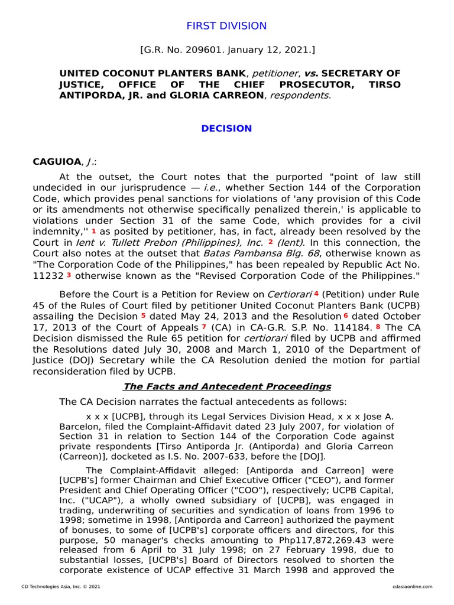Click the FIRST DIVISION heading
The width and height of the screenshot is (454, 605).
(x=226, y=26)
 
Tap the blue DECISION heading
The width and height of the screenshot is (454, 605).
(x=226, y=128)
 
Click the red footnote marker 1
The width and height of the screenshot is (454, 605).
(x=93, y=230)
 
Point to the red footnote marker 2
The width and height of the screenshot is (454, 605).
(x=270, y=242)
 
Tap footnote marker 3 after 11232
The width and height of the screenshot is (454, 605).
(x=69, y=275)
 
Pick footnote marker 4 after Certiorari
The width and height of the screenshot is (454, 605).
(x=316, y=293)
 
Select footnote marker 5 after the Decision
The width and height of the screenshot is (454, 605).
(x=143, y=315)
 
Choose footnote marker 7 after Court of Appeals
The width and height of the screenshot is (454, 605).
(x=204, y=326)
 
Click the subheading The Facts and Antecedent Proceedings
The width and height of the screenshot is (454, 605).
(x=227, y=386)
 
